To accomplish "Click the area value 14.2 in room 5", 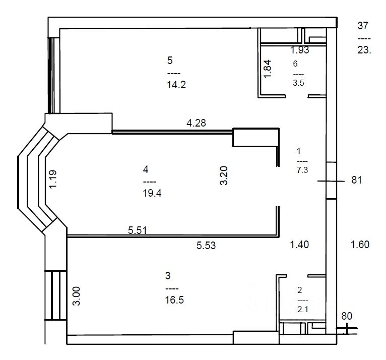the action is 176,85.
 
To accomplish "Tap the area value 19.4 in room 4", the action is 152,193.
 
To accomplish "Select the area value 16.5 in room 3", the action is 174,300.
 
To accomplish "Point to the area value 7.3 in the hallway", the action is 302,170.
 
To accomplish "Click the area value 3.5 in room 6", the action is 298,83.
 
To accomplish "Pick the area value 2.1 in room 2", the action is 302,309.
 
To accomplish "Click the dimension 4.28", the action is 196,123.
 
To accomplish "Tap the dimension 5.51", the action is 138,230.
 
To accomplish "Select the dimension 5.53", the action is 206,245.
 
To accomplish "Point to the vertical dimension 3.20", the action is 224,175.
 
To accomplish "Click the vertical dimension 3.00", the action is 77,296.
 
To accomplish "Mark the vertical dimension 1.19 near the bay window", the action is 53,179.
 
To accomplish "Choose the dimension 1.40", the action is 299,245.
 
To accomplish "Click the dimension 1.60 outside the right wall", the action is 360,245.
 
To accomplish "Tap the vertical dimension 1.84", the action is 268,69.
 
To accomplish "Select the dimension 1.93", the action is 300,50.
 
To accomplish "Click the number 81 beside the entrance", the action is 357,180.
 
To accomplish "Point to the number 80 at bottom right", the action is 347,316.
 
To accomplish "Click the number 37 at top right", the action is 363,26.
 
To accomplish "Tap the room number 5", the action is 170,61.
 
